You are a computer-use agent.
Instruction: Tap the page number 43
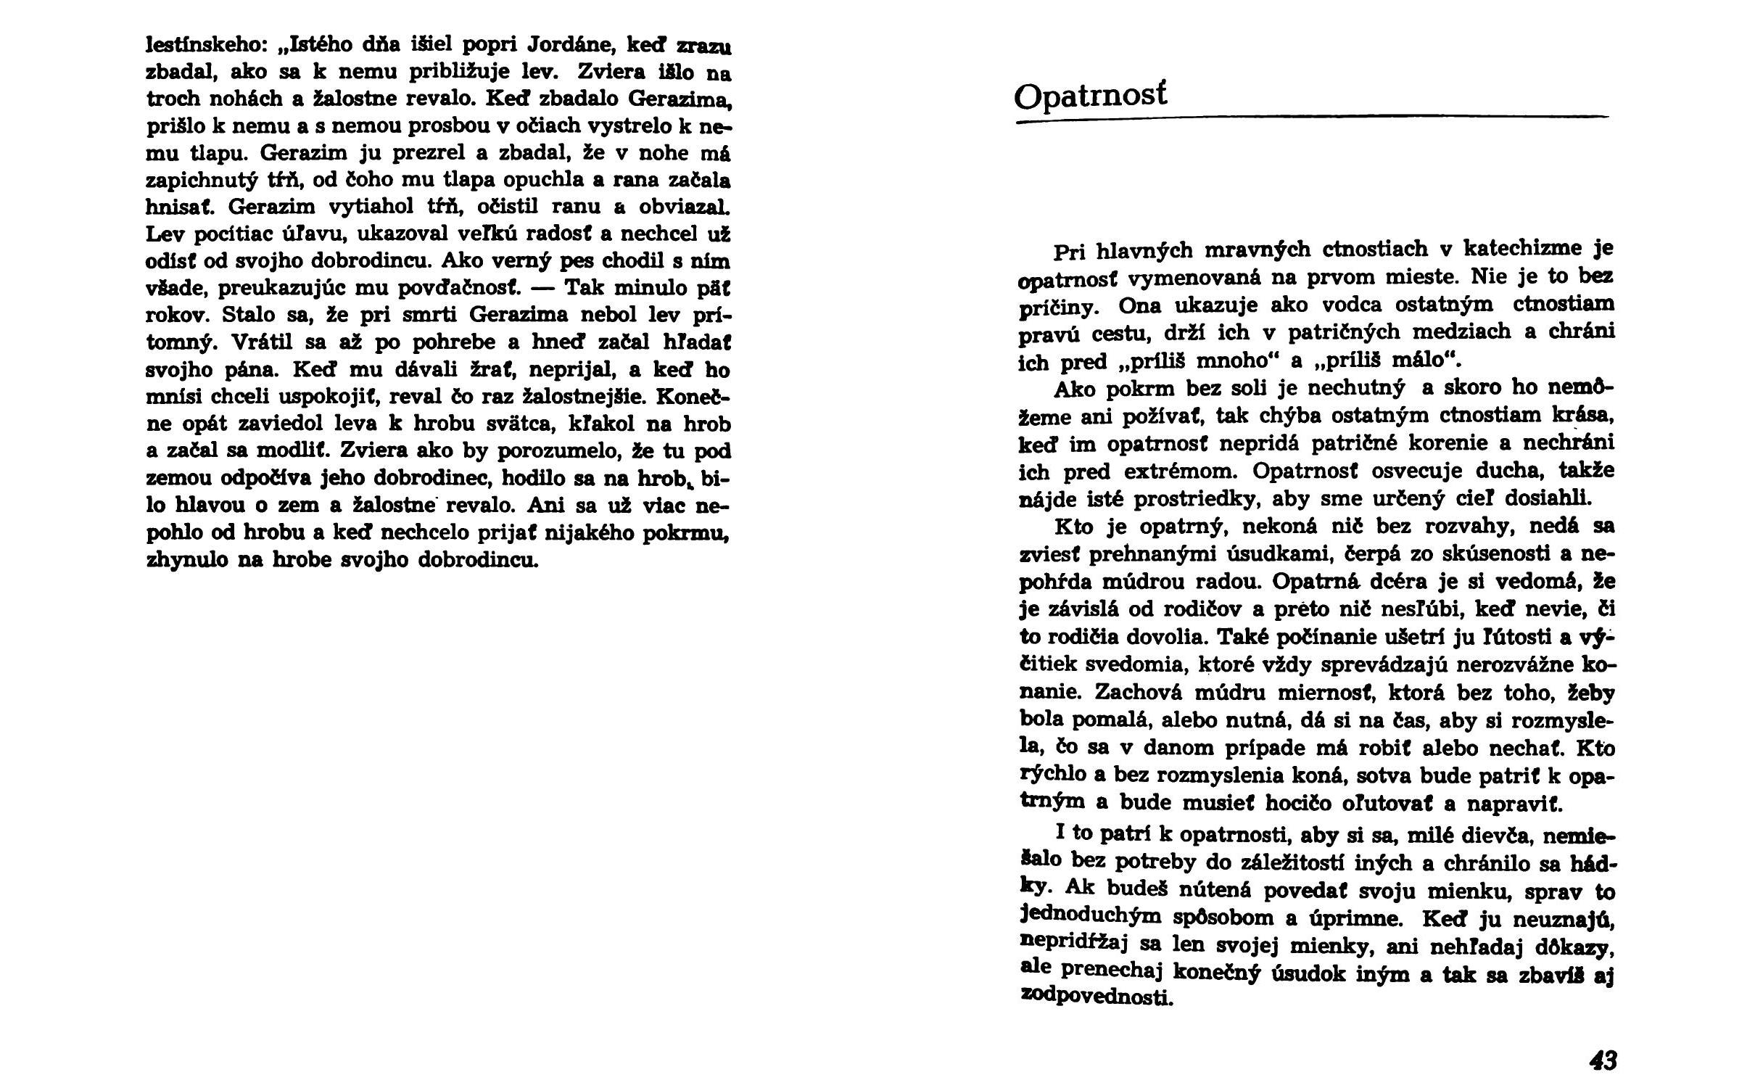1603,1061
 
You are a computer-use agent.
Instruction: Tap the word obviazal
684,207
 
